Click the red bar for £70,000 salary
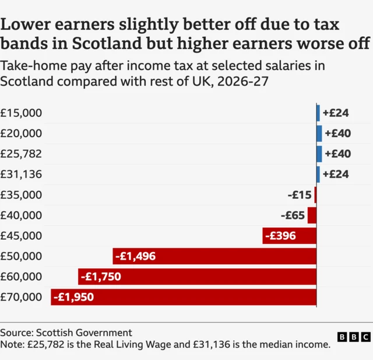[183, 297]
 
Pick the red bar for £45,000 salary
[289, 236]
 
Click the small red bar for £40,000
[312, 215]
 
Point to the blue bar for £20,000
[319, 134]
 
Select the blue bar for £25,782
[319, 154]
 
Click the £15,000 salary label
[22, 113]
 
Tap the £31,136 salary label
[22, 174]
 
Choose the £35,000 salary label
[22, 195]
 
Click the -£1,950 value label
[73, 297]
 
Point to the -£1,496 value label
[135, 256]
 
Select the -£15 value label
[300, 195]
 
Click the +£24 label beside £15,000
[336, 113]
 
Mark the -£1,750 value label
[101, 277]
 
